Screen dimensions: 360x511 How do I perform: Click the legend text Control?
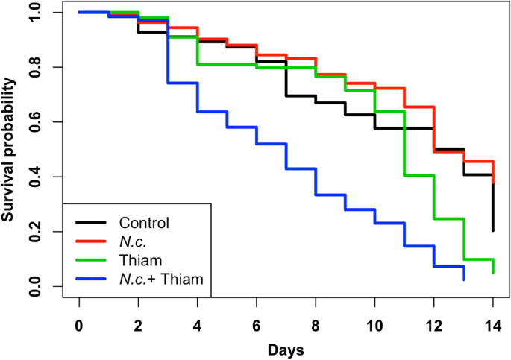click(144, 222)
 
